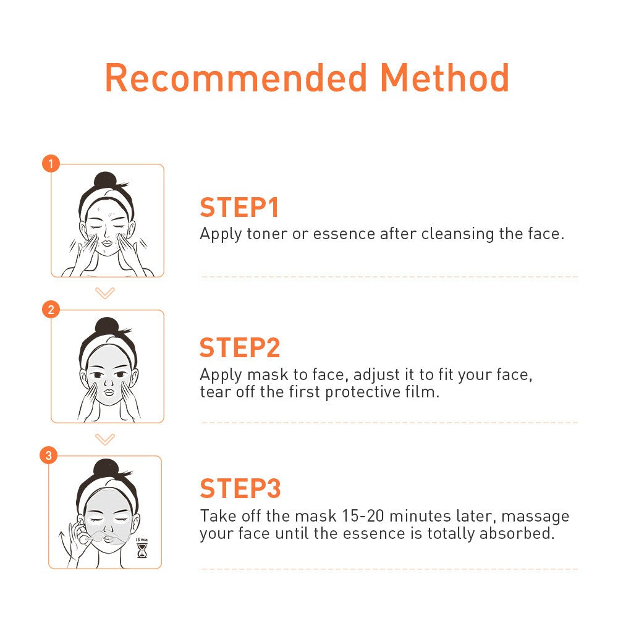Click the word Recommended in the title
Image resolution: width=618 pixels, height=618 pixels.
coord(236,78)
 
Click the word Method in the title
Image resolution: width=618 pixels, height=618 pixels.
coord(444,78)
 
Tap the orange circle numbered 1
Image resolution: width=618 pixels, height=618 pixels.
coord(51,163)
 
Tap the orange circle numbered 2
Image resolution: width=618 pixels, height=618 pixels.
coord(51,310)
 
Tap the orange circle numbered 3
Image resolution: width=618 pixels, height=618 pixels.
coord(48,455)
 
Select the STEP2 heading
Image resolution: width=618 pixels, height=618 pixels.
coord(240,347)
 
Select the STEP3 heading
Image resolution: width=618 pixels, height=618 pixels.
coord(240,488)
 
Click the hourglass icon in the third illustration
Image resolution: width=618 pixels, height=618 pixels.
coord(142,550)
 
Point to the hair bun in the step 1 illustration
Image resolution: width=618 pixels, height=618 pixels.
coord(104,180)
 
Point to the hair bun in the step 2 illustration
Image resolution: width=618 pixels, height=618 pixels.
coord(107,326)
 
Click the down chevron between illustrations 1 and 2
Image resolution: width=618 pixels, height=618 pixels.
coord(105,293)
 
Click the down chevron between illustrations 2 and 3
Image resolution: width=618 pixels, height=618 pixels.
coord(105,439)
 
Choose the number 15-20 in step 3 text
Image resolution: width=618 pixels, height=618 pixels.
coord(363,516)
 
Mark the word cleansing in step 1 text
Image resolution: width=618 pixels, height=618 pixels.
coord(457,234)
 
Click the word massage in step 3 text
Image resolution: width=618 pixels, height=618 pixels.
coord(535,517)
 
